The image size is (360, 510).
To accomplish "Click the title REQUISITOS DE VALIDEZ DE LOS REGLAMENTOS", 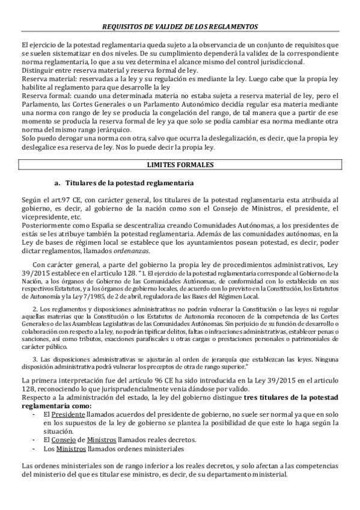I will coord(180,27).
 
